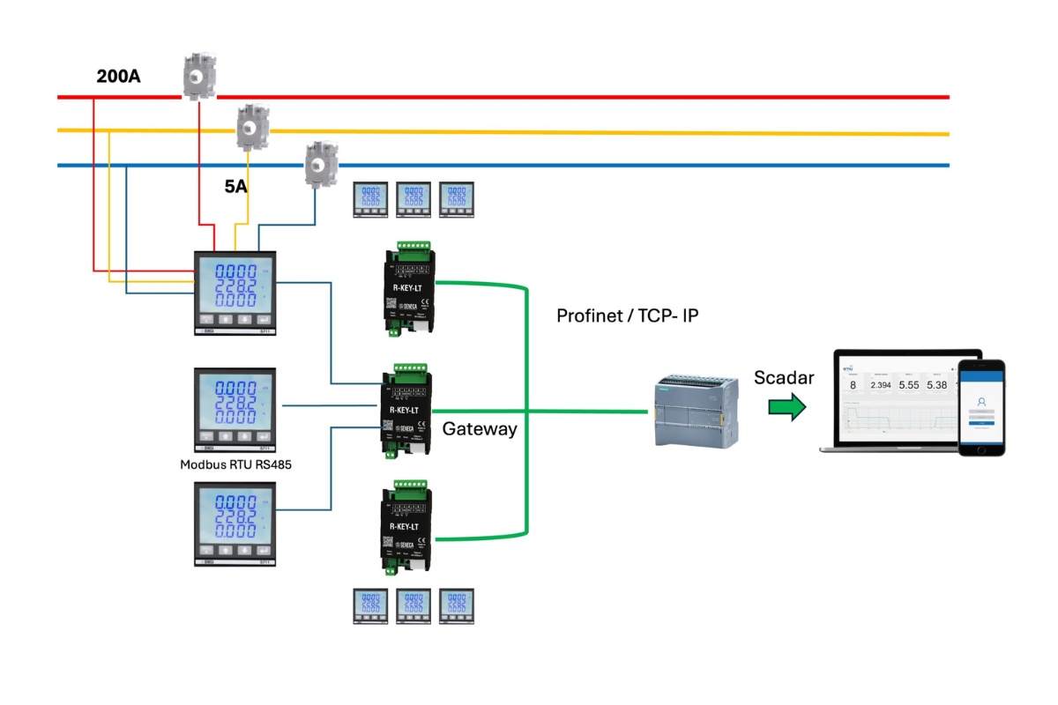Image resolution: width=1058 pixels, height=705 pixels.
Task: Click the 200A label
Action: click(118, 77)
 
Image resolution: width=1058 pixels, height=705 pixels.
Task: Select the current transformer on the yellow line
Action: click(252, 127)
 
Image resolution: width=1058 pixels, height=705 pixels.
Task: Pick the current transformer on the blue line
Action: click(319, 163)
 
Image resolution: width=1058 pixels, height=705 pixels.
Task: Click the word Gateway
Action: click(480, 429)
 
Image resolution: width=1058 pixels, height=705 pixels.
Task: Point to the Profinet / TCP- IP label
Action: click(627, 315)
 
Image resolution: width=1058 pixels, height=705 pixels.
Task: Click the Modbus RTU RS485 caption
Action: click(235, 464)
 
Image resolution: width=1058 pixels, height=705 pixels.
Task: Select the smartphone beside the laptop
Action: click(981, 407)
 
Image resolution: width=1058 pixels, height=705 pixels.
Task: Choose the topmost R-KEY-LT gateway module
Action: click(408, 290)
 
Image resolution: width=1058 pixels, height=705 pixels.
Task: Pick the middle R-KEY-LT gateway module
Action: click(407, 410)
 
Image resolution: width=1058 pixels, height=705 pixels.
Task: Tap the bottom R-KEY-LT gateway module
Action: click(407, 527)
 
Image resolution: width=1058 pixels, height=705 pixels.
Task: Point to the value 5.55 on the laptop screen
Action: click(909, 385)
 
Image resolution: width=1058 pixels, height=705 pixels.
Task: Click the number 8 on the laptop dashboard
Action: click(853, 385)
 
